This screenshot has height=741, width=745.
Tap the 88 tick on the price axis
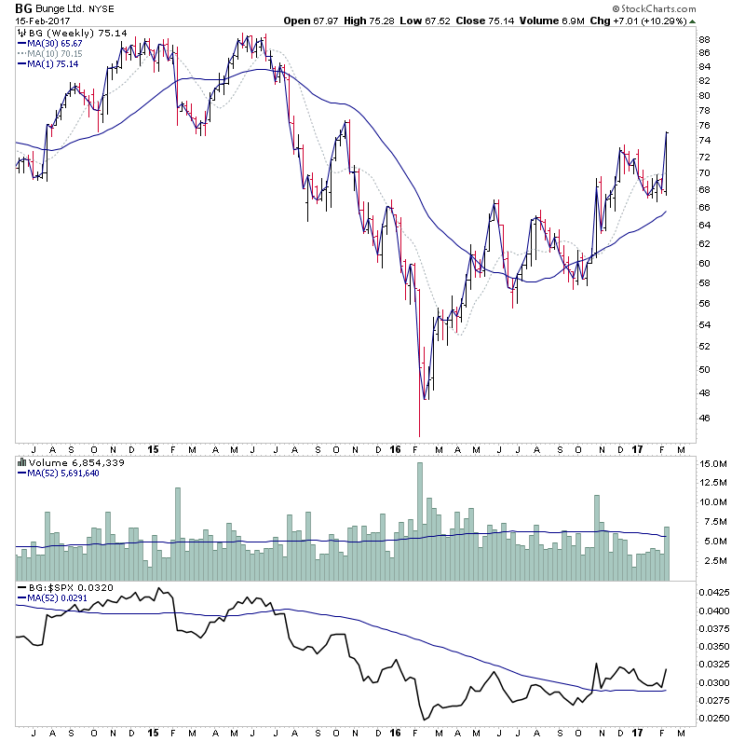click(705, 39)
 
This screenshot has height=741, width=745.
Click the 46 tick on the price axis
click(705, 418)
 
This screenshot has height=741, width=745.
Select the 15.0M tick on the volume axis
click(712, 463)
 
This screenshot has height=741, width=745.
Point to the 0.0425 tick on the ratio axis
click(714, 592)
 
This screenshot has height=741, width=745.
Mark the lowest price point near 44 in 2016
click(420, 434)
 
